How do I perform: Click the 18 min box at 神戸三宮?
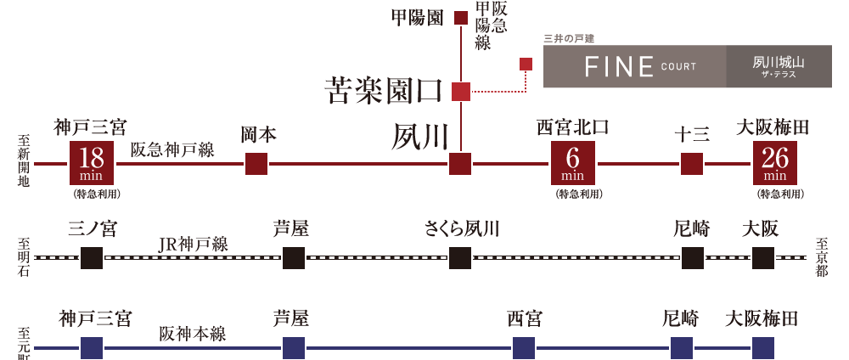(x=91, y=164)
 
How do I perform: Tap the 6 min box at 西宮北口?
(x=572, y=164)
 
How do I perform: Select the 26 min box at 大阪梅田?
(x=774, y=164)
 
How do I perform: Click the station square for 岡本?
(x=256, y=164)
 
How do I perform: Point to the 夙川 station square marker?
(x=460, y=164)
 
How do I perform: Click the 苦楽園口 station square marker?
(x=460, y=92)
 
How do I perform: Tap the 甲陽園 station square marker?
(x=461, y=18)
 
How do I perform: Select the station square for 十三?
(x=692, y=164)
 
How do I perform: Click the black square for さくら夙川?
(x=460, y=257)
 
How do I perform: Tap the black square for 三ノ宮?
(x=92, y=257)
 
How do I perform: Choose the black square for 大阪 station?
(x=763, y=257)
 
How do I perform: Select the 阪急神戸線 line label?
(x=172, y=150)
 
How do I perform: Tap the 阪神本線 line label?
(x=192, y=335)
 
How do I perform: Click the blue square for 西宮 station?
(x=524, y=348)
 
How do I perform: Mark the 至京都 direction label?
(x=821, y=256)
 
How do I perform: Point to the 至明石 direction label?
(x=24, y=256)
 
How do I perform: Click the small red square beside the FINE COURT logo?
(x=526, y=64)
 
